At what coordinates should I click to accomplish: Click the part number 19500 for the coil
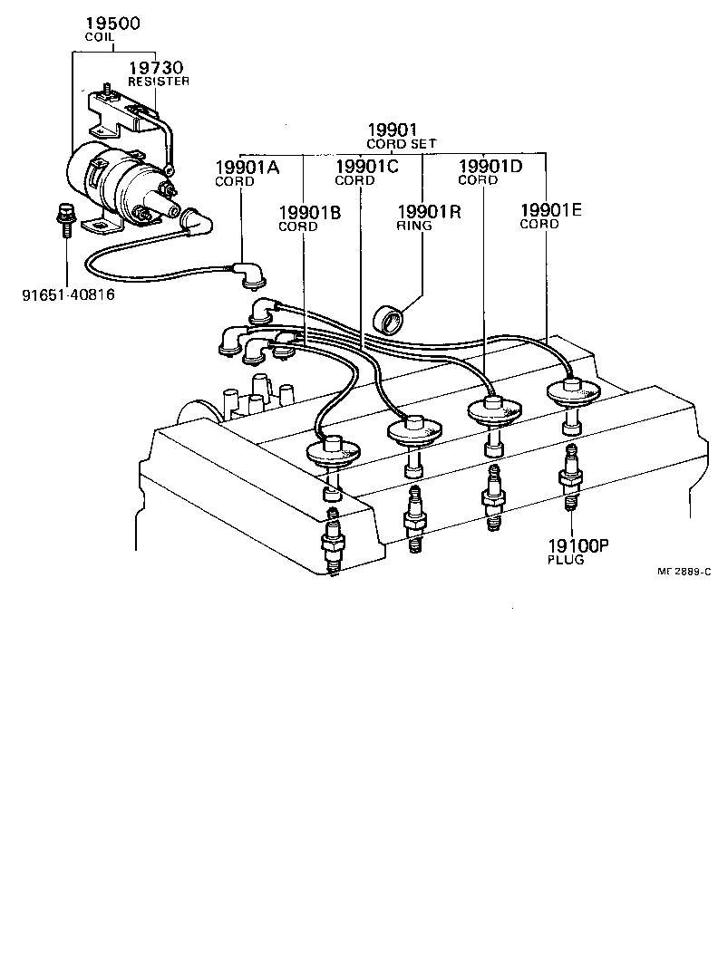point(112,24)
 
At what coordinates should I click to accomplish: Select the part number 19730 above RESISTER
point(156,68)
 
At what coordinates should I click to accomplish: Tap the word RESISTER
point(159,82)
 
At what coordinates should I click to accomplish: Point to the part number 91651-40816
point(68,294)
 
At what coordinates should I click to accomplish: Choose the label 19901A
point(247,167)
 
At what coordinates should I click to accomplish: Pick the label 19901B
point(310,213)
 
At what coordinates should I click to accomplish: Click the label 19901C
point(367,167)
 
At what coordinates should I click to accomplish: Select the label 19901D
point(490,167)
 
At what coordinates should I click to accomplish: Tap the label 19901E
point(551,211)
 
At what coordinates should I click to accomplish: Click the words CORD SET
point(401,144)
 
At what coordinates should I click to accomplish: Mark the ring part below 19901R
point(391,320)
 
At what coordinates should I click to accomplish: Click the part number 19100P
point(577,545)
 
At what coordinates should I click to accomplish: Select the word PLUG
point(566,560)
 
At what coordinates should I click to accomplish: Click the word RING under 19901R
point(414,226)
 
